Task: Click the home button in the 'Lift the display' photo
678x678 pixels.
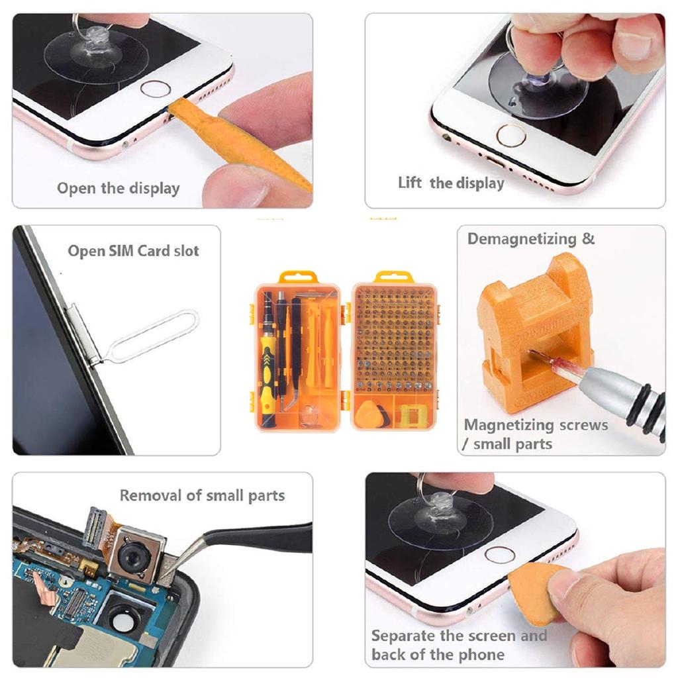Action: point(511,135)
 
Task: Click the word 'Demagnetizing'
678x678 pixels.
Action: point(522,239)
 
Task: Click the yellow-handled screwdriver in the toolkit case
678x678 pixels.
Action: point(267,371)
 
